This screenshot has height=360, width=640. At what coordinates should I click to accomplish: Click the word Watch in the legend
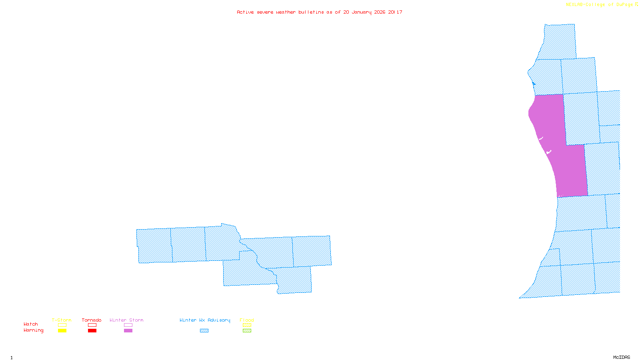tap(31, 324)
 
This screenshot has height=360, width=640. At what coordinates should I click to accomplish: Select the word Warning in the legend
tap(34, 330)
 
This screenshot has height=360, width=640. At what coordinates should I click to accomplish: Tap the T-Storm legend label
tap(62, 320)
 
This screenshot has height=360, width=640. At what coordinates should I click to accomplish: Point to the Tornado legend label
tap(92, 320)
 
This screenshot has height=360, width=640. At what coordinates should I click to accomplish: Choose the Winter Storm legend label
tap(126, 320)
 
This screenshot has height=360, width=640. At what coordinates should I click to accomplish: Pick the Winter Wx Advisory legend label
tap(205, 320)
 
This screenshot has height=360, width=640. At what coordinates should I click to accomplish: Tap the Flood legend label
tap(247, 320)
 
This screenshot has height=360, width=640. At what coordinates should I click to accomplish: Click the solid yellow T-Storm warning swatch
tap(62, 331)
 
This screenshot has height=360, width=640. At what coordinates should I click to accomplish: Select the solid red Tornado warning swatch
tap(92, 331)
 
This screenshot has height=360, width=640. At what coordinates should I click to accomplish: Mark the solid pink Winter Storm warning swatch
tap(128, 331)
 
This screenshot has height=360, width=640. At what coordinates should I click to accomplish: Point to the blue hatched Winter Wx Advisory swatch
tap(204, 331)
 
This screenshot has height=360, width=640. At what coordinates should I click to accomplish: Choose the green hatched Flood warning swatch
tap(247, 331)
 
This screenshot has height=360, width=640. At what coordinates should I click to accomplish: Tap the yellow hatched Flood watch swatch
tap(247, 325)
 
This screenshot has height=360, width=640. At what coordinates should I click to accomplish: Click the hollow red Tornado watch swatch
tap(92, 325)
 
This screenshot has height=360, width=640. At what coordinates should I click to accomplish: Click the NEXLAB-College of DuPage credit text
tap(600, 5)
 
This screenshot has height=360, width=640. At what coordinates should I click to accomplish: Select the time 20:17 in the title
tap(395, 12)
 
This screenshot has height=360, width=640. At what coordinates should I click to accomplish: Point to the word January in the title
tap(362, 12)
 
